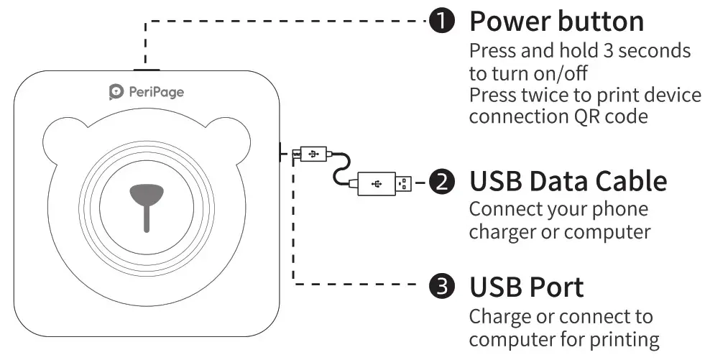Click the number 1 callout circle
442,22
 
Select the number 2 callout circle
441,182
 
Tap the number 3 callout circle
442,287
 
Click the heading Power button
556,22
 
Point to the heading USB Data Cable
568,182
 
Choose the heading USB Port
526,287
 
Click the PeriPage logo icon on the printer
116,91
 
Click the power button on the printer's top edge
146,70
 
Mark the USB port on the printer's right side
279,152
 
